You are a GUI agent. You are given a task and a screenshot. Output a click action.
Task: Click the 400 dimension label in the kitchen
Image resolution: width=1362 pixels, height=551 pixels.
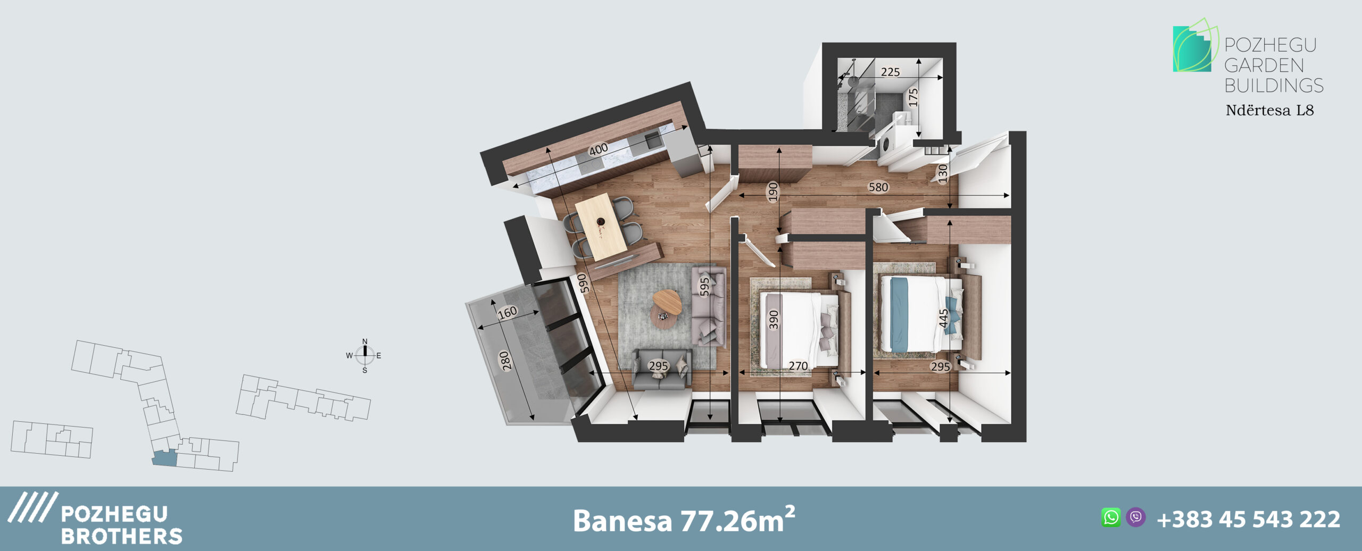599,149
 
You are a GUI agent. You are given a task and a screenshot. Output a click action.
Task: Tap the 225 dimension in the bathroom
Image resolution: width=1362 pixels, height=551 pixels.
890,72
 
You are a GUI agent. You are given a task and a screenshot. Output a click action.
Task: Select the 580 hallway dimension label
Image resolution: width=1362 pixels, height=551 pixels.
878,187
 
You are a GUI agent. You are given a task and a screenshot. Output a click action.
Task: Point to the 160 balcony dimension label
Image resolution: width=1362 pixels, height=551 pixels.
508,312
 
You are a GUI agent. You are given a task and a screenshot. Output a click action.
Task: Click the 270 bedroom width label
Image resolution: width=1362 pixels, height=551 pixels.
798,366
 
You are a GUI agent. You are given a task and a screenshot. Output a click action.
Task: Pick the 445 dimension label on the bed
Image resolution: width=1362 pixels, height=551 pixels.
943,318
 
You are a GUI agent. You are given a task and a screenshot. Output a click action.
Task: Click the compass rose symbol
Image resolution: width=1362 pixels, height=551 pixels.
364,355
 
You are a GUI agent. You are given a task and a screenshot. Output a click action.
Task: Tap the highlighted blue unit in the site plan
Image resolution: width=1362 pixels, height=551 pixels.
164,458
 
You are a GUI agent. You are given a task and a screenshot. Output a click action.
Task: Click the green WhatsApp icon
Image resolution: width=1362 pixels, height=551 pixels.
1111,517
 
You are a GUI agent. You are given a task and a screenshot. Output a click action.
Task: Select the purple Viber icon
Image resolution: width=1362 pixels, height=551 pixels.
1135,517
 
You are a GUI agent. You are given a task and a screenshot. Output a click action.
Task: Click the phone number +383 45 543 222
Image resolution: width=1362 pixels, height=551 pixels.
1248,519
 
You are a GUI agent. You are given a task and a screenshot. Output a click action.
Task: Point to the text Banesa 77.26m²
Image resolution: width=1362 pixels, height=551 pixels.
684,520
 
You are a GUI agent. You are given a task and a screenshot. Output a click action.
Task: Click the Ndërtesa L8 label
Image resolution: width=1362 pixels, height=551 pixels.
1269,111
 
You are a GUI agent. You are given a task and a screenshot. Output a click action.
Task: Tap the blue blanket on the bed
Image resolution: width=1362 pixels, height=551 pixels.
899,314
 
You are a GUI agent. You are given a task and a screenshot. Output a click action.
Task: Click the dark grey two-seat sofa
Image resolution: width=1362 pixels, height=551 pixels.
661,370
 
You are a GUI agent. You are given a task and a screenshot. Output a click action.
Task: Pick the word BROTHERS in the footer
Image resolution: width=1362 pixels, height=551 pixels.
122,536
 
